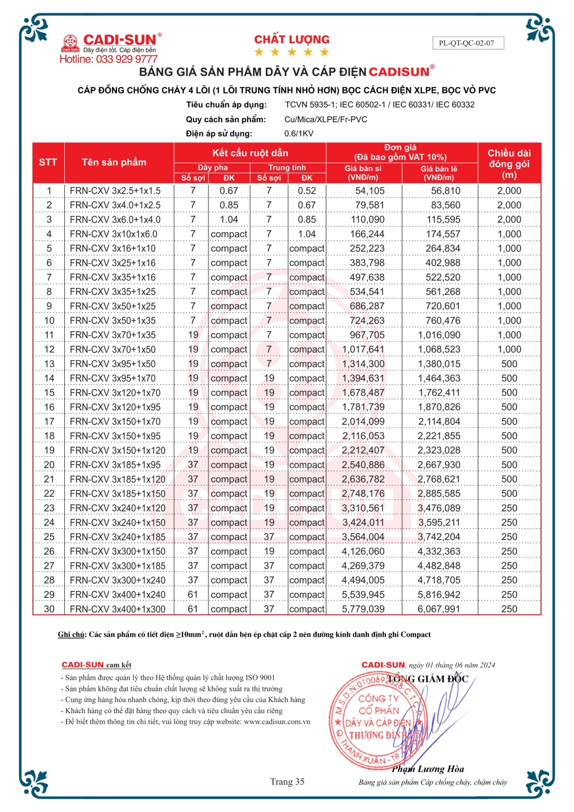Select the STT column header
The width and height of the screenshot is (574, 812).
(48, 163)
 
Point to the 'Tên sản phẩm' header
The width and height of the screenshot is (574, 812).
(114, 163)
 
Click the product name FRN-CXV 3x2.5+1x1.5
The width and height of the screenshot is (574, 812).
(115, 191)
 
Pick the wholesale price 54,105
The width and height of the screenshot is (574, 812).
(369, 191)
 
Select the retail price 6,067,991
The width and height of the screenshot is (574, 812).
(439, 609)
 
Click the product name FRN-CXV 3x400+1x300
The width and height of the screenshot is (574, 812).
(117, 609)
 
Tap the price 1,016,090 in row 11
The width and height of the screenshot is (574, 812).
(439, 335)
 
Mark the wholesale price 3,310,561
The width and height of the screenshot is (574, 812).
(363, 508)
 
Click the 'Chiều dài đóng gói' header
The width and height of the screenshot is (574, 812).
(509, 164)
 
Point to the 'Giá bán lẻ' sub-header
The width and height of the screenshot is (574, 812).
(439, 173)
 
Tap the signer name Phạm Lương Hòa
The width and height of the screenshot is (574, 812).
(428, 769)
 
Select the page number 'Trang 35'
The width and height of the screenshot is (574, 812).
(287, 782)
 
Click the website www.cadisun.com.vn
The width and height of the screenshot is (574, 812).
(277, 722)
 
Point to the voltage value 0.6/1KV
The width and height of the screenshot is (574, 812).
(299, 133)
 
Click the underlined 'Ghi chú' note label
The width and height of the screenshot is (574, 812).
(71, 635)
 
